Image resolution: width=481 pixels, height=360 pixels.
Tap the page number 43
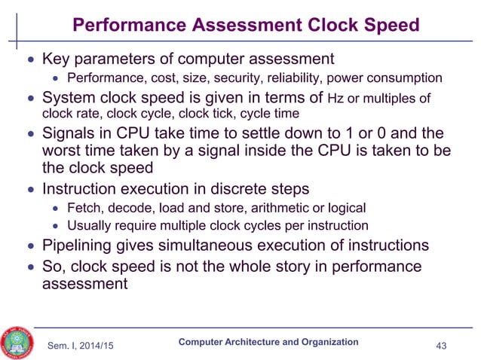click(443, 345)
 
